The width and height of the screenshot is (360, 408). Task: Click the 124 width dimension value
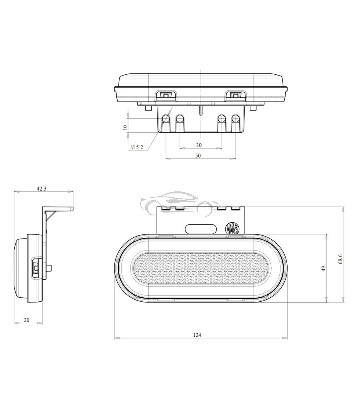click(197, 334)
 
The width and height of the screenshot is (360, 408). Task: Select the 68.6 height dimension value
click(340, 259)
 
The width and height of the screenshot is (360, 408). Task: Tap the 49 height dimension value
click(324, 269)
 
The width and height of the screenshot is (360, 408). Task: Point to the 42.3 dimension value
click(42, 189)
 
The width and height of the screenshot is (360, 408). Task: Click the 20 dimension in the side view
click(26, 320)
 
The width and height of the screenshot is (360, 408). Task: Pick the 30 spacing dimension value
click(199, 145)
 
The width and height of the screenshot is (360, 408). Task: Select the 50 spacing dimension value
click(198, 155)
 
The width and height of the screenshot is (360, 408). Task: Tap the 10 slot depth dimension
click(125, 127)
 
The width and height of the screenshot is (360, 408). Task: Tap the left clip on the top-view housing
click(165, 95)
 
